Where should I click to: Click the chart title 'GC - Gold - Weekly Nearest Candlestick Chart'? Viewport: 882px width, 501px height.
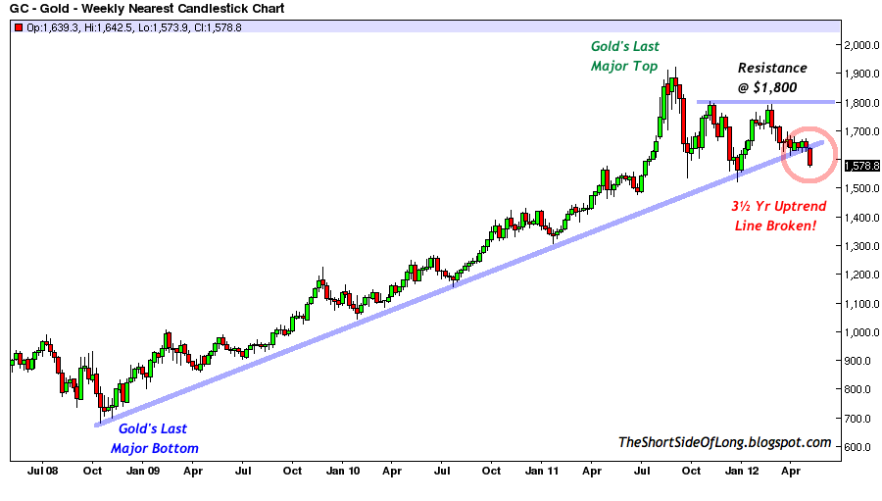[x=147, y=9]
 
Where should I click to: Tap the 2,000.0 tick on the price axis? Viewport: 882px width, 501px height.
[x=861, y=46]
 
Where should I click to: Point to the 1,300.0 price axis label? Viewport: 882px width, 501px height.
[x=861, y=246]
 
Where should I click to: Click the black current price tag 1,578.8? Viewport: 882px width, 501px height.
[x=861, y=166]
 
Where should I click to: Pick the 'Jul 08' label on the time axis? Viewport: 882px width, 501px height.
[x=43, y=471]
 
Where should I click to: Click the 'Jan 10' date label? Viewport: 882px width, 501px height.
[x=343, y=471]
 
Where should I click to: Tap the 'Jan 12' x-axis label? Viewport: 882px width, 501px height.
[x=742, y=471]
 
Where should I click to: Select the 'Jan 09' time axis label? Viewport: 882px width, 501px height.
[x=143, y=471]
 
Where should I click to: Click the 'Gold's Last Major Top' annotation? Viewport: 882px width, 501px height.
[x=625, y=56]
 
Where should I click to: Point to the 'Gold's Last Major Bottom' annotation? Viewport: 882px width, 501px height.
[x=154, y=438]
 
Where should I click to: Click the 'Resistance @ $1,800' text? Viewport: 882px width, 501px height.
[x=772, y=77]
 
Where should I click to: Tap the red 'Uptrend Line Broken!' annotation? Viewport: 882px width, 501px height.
[x=778, y=216]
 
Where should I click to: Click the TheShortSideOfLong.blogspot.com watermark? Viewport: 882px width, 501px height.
[x=724, y=442]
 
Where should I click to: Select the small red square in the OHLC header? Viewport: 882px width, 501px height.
[x=19, y=27]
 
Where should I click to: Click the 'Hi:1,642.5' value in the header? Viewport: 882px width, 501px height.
[x=109, y=27]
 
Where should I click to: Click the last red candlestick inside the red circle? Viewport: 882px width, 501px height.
[x=810, y=157]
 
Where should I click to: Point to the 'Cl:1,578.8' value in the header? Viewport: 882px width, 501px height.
[x=218, y=27]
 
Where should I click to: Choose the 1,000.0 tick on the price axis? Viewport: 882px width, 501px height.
[x=861, y=332]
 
